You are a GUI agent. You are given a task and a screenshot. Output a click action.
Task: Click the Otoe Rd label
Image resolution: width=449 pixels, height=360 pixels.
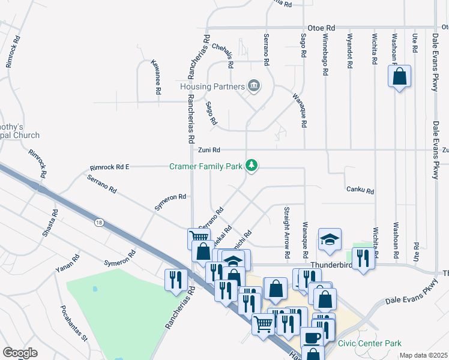[321, 28]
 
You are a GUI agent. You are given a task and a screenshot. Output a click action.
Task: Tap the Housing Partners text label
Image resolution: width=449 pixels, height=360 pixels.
[213, 86]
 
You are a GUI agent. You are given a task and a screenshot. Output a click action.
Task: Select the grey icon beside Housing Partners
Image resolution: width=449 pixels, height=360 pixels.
[253, 86]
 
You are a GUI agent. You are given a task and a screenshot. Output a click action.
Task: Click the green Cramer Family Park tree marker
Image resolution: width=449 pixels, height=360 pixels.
[253, 165]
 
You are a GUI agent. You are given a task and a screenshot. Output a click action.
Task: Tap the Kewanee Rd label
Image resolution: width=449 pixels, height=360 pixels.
[157, 78]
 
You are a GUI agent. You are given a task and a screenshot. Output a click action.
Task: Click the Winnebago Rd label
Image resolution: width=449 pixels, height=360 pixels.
[325, 54]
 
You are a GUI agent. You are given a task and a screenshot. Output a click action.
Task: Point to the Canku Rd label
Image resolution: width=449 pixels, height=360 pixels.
[360, 191]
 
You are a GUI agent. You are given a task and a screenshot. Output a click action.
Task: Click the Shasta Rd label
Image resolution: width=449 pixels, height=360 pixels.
[49, 223]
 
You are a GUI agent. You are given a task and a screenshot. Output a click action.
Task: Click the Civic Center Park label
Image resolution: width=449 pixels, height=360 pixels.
[369, 343]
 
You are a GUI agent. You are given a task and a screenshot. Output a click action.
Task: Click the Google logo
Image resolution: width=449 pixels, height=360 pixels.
[20, 353]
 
